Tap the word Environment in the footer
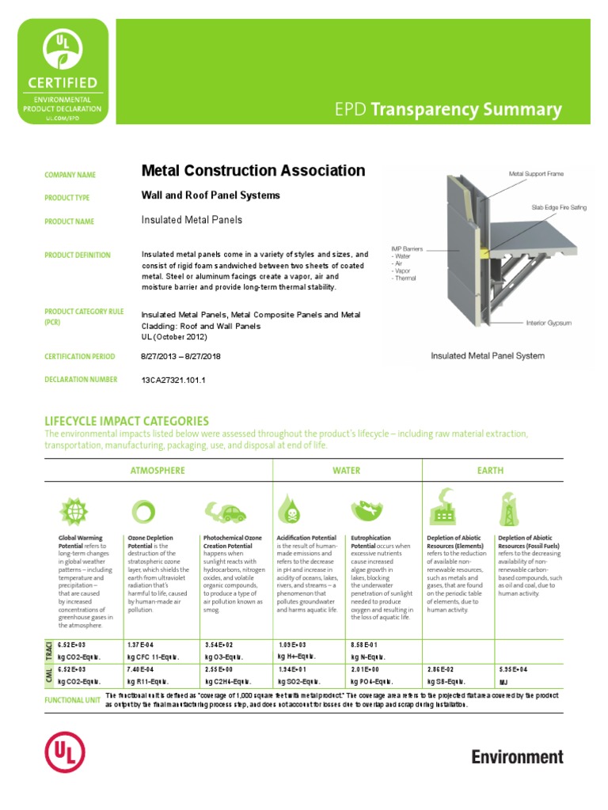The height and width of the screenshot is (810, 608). click(517, 757)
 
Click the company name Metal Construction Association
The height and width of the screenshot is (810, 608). click(253, 171)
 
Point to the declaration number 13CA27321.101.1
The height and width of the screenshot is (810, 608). click(173, 380)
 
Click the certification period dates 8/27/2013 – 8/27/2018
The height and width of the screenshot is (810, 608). click(180, 357)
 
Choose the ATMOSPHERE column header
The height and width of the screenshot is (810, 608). click(158, 471)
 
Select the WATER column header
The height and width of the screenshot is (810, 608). click(347, 471)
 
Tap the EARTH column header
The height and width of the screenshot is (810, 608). click(490, 471)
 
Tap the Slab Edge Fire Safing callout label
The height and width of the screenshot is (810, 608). click(559, 207)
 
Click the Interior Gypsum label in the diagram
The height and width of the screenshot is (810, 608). click(549, 323)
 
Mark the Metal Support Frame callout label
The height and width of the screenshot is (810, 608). click(536, 173)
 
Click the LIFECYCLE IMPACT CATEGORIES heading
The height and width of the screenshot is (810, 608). click(127, 421)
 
